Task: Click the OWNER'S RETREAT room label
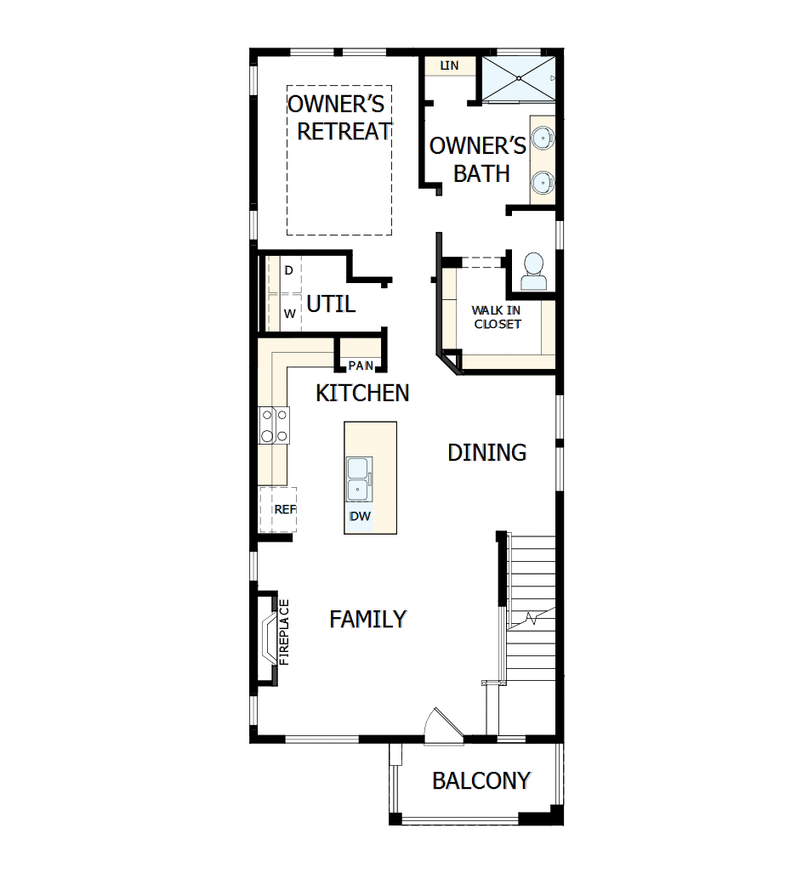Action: point(339,118)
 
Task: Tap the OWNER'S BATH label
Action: point(478,159)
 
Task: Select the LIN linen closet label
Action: point(449,65)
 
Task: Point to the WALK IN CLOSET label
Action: point(498,317)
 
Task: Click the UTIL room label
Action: point(330,303)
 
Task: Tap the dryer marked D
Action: point(288,270)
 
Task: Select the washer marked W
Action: point(289,313)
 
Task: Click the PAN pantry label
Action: point(361,366)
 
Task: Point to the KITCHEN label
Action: point(362,393)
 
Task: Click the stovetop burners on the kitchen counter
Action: point(274,425)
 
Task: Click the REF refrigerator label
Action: point(284,509)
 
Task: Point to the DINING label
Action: point(487,452)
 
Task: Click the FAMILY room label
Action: point(367,619)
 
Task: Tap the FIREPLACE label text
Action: point(284,632)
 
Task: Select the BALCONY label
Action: point(481,780)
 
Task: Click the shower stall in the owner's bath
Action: point(517,78)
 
